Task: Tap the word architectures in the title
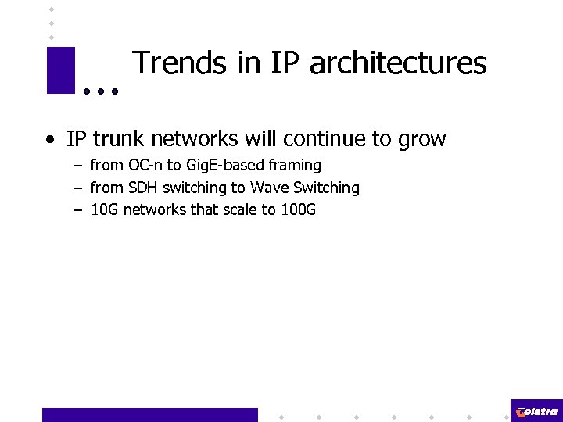[398, 64]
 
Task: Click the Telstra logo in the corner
[536, 411]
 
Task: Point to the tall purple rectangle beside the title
[60, 70]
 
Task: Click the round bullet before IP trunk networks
[50, 141]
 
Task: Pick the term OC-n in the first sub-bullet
[146, 166]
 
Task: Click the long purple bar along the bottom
[149, 415]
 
